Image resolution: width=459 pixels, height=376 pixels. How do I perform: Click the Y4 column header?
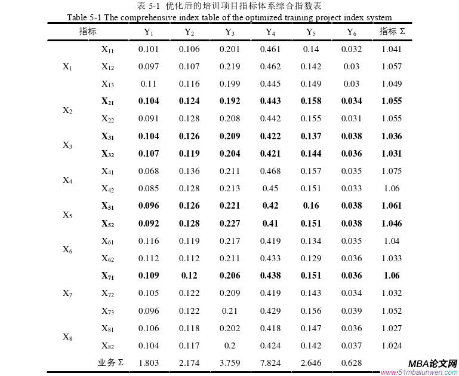click(x=270, y=32)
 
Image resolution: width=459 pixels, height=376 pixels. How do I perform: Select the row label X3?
click(x=67, y=145)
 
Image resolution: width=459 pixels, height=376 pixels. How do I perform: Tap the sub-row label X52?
click(x=108, y=224)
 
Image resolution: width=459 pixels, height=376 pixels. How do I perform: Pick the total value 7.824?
click(x=270, y=363)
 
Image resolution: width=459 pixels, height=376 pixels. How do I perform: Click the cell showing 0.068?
click(x=149, y=171)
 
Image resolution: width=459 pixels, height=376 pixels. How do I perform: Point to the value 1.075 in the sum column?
click(x=392, y=171)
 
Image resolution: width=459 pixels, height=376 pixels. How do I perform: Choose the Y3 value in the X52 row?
click(x=230, y=224)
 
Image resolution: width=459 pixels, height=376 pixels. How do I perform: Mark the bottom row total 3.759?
click(x=230, y=363)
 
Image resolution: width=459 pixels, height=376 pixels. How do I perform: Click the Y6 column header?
click(x=352, y=32)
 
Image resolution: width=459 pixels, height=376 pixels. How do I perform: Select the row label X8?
click(x=67, y=337)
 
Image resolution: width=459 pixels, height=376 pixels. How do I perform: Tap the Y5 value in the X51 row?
click(x=311, y=206)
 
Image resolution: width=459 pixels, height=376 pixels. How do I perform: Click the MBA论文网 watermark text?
click(x=433, y=364)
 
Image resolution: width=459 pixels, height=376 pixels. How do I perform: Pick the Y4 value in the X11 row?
click(x=270, y=49)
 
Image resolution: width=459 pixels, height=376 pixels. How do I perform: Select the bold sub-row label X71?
click(x=108, y=276)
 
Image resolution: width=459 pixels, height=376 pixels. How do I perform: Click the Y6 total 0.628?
click(x=352, y=363)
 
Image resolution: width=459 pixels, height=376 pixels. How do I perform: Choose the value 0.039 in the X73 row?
click(x=352, y=311)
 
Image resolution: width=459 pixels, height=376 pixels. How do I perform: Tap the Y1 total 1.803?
click(x=149, y=363)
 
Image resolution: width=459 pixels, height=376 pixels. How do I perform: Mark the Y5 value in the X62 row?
click(x=311, y=258)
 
